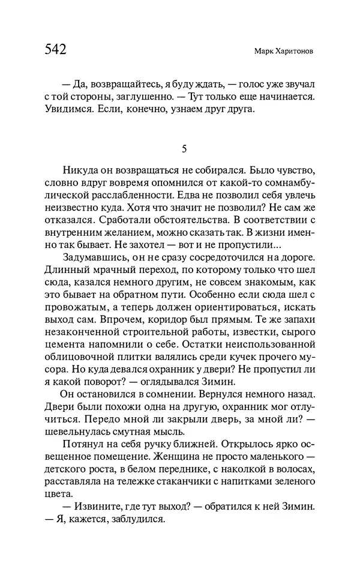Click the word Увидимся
click(67, 109)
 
